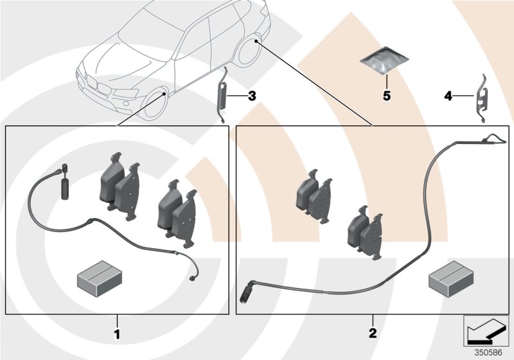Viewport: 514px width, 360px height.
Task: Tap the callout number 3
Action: click(x=251, y=96)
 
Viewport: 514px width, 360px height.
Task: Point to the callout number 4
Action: click(x=447, y=96)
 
